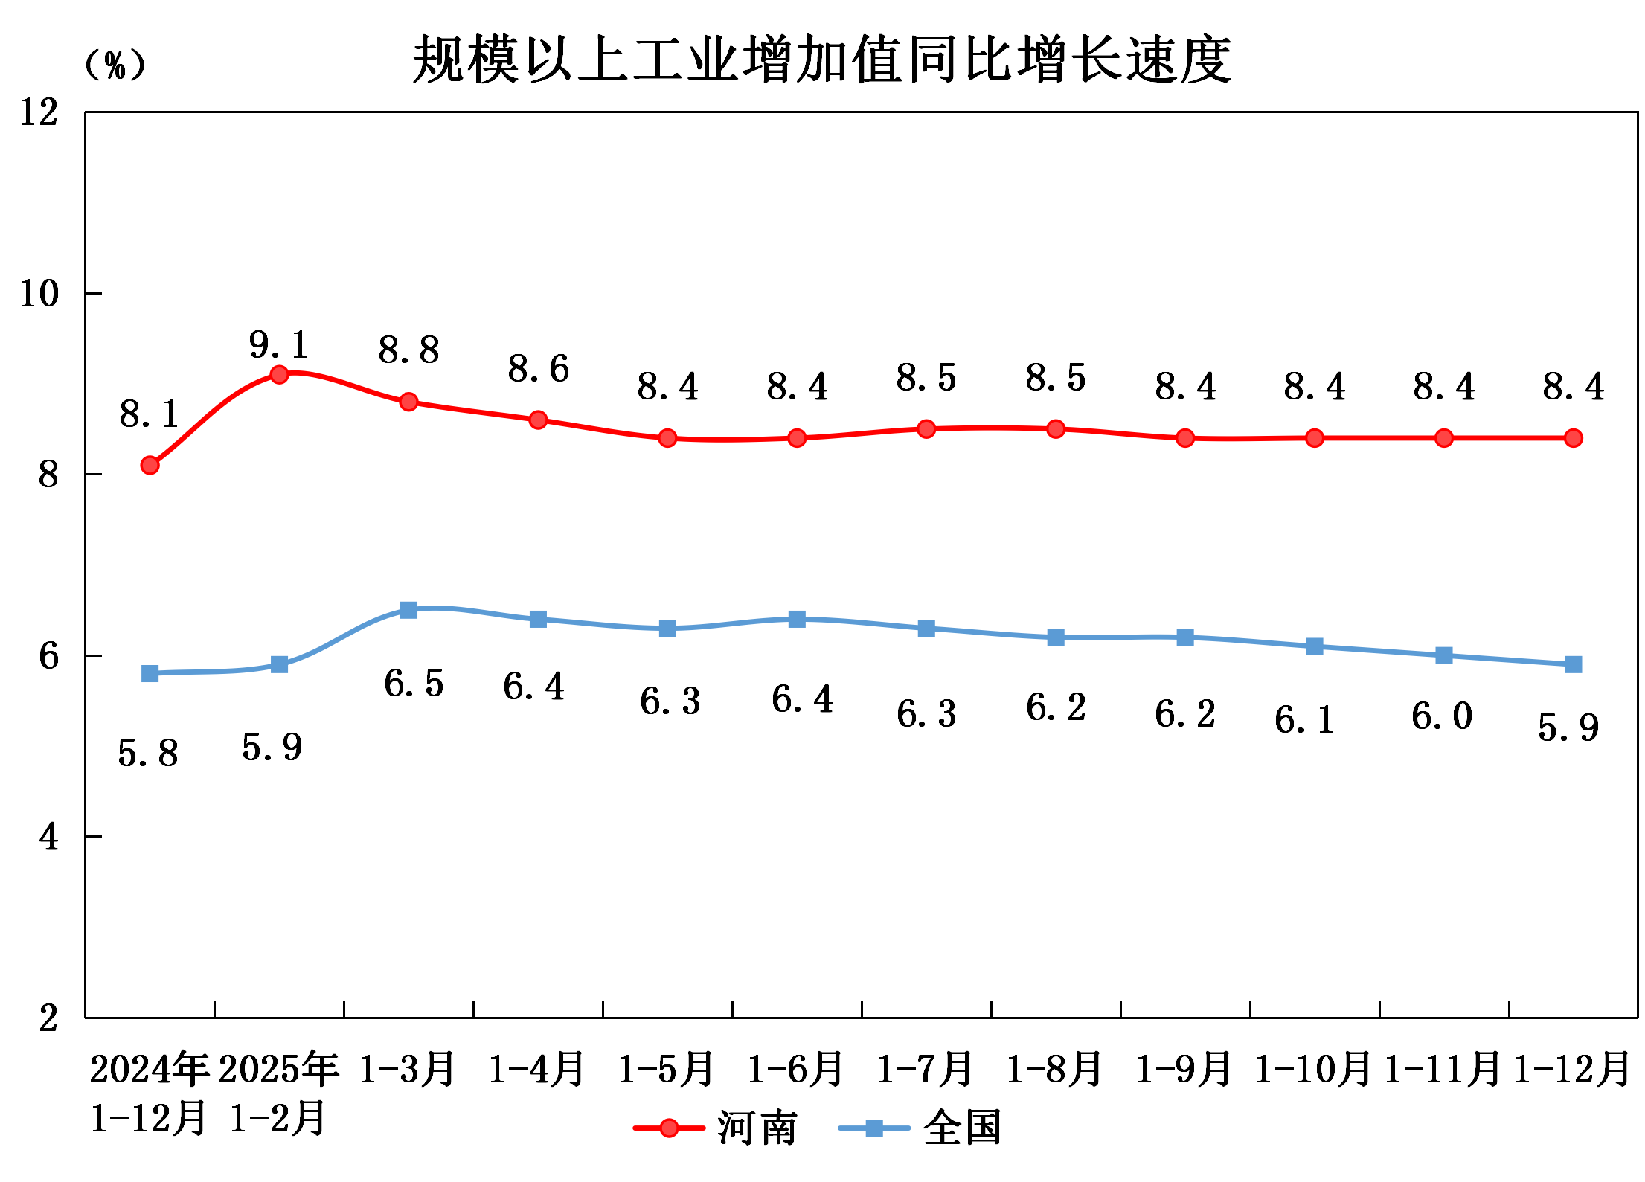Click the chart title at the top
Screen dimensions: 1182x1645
tap(821, 60)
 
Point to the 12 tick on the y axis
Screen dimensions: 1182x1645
tap(39, 113)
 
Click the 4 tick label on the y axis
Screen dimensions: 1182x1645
tap(48, 838)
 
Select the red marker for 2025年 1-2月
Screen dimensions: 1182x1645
tap(279, 374)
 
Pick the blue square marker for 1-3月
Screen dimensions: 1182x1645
tap(408, 610)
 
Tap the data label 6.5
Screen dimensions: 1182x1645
tap(414, 684)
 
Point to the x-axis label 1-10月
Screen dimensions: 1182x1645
tap(1313, 1069)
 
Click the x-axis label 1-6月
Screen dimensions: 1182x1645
tap(795, 1069)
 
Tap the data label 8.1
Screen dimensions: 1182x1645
tap(149, 414)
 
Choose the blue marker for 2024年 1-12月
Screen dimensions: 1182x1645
tap(150, 673)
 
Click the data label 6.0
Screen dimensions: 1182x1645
tap(1442, 717)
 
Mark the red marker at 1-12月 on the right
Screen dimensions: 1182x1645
tap(1574, 438)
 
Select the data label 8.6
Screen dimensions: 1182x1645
tap(538, 369)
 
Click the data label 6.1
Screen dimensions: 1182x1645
tap(1304, 720)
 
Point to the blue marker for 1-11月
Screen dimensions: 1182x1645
tap(1444, 655)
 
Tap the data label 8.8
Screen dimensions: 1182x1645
tap(408, 350)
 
